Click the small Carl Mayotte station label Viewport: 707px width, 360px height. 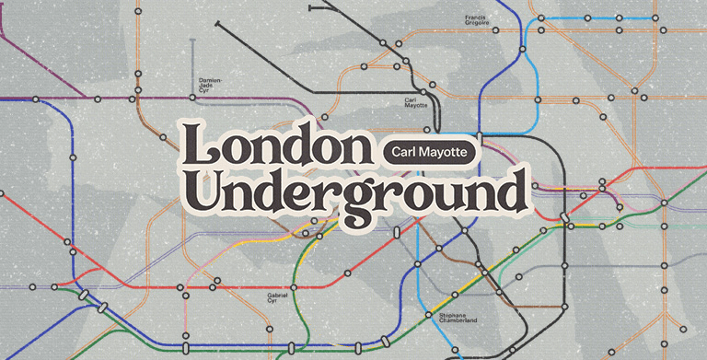point(416,102)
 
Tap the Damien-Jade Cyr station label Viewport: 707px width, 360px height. point(211,83)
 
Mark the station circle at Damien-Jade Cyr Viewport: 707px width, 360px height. point(192,96)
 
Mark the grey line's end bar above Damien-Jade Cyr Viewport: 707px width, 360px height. point(192,41)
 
